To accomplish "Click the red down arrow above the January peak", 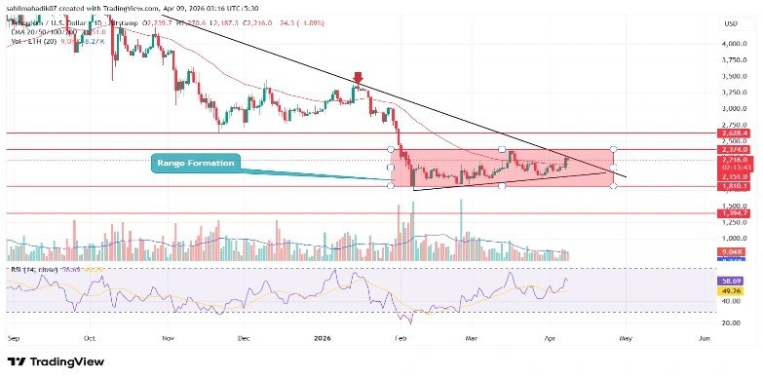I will [x=359, y=78].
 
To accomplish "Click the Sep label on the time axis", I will [x=12, y=336].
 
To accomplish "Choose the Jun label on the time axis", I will [x=704, y=336].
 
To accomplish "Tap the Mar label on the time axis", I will [x=472, y=336].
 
